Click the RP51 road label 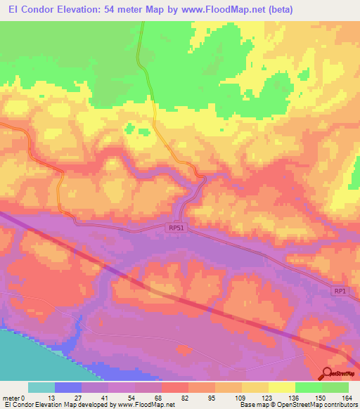(176, 228)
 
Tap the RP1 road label (340, 291)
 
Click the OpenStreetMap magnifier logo (328, 375)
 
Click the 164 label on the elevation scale (347, 398)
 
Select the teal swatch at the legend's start (41, 387)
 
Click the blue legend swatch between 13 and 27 (68, 387)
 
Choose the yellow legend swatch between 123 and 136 (281, 387)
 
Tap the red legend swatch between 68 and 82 (175, 387)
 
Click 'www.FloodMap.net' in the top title (217, 9)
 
